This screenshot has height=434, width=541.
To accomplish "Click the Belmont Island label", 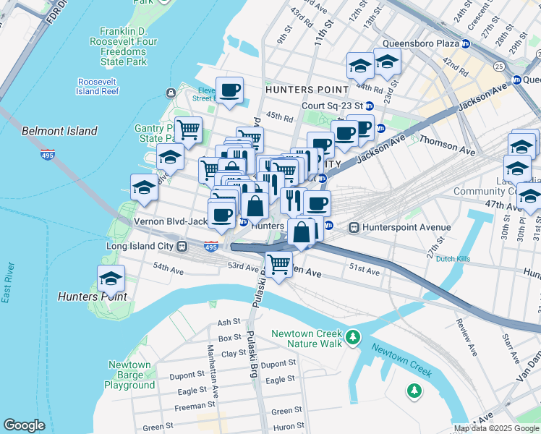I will coord(59,131).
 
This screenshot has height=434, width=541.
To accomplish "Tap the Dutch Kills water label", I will coord(453,259).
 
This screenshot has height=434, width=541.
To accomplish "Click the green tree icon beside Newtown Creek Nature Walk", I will coord(353,337).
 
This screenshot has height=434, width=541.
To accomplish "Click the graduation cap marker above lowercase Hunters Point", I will coord(111,278).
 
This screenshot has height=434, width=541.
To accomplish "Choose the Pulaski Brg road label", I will coord(253,354).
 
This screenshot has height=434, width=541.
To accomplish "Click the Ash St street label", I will coord(228,322).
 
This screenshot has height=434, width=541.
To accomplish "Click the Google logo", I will coord(24,425).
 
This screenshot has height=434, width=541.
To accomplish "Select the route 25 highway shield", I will coord(498,66).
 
